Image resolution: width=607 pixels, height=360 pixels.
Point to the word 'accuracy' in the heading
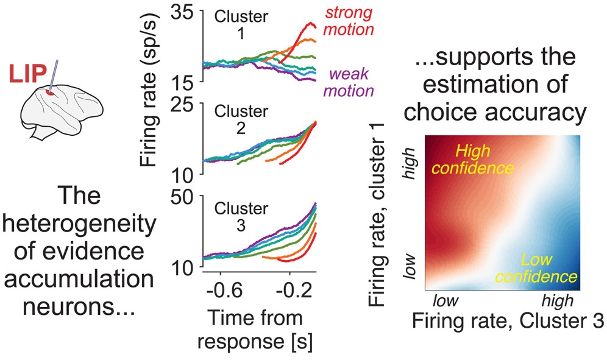point(548,111)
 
